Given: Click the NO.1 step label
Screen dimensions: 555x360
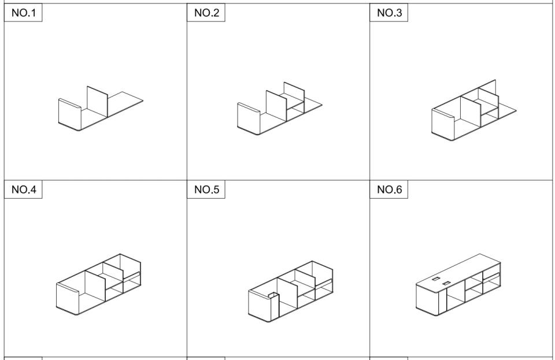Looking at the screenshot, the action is pyautogui.click(x=24, y=13).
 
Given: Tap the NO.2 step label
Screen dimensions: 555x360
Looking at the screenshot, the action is pyautogui.click(x=207, y=13).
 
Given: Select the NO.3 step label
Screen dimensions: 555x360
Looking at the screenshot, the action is pyautogui.click(x=389, y=13).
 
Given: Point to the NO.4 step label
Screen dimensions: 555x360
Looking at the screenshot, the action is pyautogui.click(x=24, y=190).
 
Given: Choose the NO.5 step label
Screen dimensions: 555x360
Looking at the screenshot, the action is pyautogui.click(x=207, y=190).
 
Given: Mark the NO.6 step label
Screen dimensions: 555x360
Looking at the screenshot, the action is pyautogui.click(x=389, y=190).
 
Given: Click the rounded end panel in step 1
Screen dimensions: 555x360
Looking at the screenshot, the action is pyautogui.click(x=70, y=114).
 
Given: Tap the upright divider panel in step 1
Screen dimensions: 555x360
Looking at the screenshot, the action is pyautogui.click(x=97, y=101).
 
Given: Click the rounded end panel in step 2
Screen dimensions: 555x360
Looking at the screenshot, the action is pyautogui.click(x=249, y=118).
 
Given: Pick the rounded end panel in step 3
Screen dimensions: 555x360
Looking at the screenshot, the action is pyautogui.click(x=442, y=124).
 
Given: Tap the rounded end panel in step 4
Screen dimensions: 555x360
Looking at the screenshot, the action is pyautogui.click(x=67, y=299).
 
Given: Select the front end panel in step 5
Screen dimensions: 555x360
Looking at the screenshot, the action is pyautogui.click(x=260, y=306).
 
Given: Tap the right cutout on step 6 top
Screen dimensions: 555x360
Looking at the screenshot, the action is pyautogui.click(x=447, y=283).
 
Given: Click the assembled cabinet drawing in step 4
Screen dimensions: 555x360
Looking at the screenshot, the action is pyautogui.click(x=98, y=284).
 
